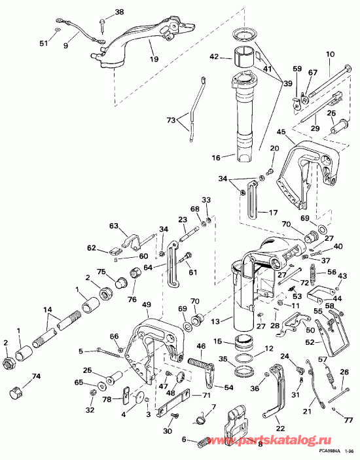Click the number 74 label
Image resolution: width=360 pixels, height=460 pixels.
coord(36,376)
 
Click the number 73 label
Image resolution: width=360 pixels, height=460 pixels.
coord(171,121)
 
